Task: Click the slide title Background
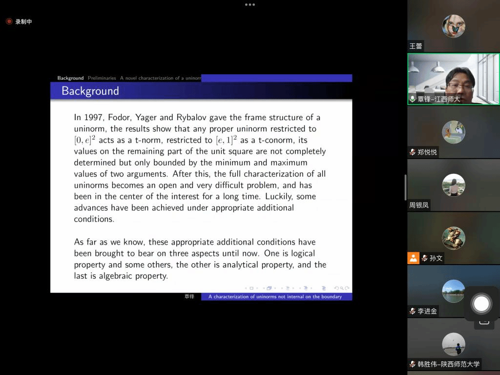[90, 91]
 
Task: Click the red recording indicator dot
[9, 21]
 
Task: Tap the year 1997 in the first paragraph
[92, 117]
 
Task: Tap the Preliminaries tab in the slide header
[102, 78]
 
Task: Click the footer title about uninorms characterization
[275, 296]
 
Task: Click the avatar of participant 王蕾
[454, 26]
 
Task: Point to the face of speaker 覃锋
[459, 87]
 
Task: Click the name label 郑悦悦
[427, 152]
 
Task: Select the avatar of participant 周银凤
[454, 185]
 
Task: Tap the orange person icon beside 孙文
[413, 258]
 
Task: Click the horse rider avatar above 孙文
[454, 238]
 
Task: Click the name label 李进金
[427, 311]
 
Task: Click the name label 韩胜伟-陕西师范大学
[448, 364]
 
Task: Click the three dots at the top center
[250, 5]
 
